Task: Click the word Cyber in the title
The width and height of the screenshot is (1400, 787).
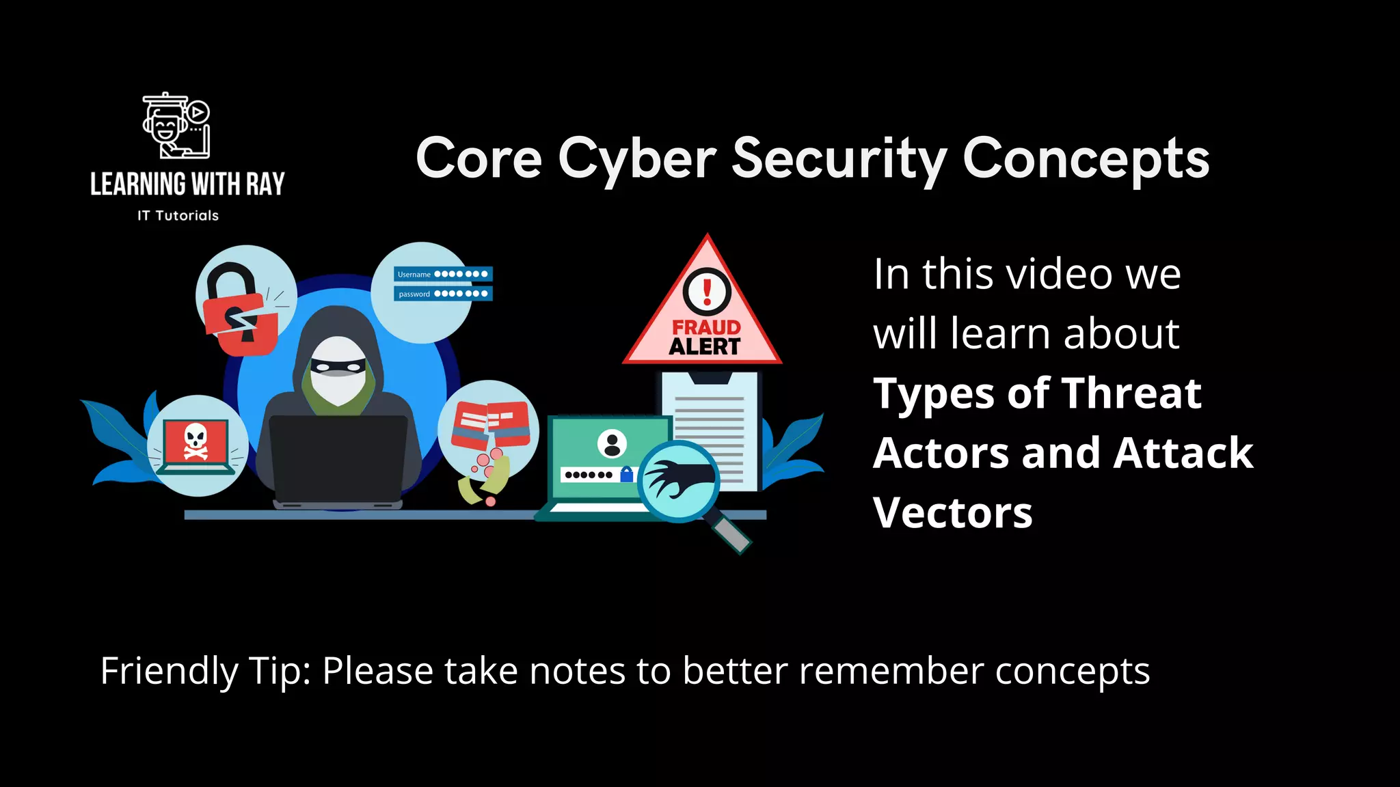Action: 637,159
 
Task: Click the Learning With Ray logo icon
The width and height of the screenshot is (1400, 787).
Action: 176,126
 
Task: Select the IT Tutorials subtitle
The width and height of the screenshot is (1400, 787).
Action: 178,216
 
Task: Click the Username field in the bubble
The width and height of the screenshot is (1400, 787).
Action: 443,274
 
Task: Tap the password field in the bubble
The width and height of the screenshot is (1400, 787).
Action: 443,294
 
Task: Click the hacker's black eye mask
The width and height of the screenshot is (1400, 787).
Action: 337,367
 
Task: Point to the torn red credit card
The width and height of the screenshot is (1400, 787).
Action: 490,425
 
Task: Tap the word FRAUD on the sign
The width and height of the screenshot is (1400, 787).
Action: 706,328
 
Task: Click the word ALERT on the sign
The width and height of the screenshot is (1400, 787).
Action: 705,347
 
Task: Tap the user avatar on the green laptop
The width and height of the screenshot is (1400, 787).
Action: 612,444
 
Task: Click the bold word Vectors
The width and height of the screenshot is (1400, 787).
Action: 953,512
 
